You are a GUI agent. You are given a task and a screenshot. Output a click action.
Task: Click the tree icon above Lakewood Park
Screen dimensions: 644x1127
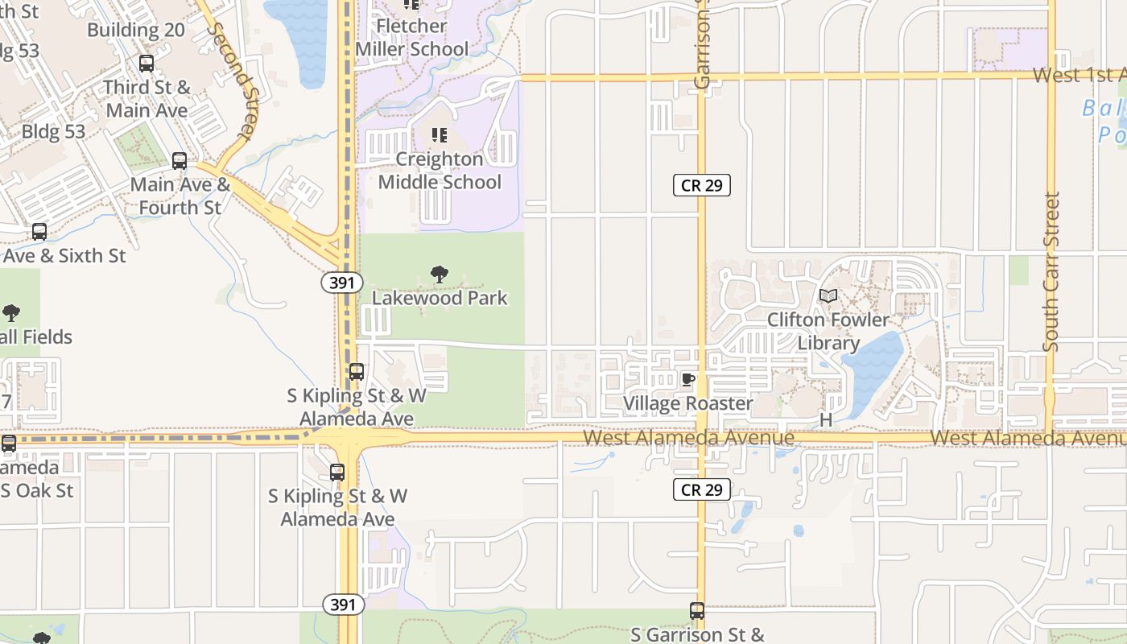[440, 275]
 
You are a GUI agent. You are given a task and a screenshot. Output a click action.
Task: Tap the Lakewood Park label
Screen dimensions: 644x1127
[440, 298]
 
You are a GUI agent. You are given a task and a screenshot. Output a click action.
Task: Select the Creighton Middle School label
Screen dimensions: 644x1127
[440, 171]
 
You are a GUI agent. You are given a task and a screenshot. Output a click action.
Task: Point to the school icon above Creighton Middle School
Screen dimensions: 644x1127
[440, 134]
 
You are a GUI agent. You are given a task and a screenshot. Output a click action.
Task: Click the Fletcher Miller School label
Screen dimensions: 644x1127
[411, 37]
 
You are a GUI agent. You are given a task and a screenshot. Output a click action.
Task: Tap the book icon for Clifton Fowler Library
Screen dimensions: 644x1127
[828, 296]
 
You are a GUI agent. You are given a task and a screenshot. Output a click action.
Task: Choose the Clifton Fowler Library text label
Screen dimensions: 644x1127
[828, 331]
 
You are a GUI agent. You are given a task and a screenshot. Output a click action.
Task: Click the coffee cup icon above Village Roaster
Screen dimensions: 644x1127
[688, 379]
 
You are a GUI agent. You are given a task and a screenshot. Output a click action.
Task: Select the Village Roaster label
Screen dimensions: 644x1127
[688, 403]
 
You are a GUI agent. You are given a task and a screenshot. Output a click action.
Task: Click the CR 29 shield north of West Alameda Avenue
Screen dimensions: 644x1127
[702, 185]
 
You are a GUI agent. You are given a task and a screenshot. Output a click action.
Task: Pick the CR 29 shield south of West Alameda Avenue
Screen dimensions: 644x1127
[702, 489]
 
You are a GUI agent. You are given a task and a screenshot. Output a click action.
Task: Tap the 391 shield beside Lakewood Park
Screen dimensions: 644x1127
[342, 283]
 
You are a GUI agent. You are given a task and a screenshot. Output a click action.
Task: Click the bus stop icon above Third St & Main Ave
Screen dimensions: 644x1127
[147, 64]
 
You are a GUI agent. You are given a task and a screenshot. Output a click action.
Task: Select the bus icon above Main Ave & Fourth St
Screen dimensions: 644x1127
[180, 161]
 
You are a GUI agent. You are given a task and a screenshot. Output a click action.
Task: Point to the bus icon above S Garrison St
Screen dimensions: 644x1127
[697, 611]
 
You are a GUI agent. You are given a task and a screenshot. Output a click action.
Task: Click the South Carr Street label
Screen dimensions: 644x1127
[1051, 272]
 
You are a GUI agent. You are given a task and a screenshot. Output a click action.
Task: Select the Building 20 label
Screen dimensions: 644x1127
[136, 31]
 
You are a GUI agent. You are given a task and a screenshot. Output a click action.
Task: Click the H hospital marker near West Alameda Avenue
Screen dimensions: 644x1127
[826, 420]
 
